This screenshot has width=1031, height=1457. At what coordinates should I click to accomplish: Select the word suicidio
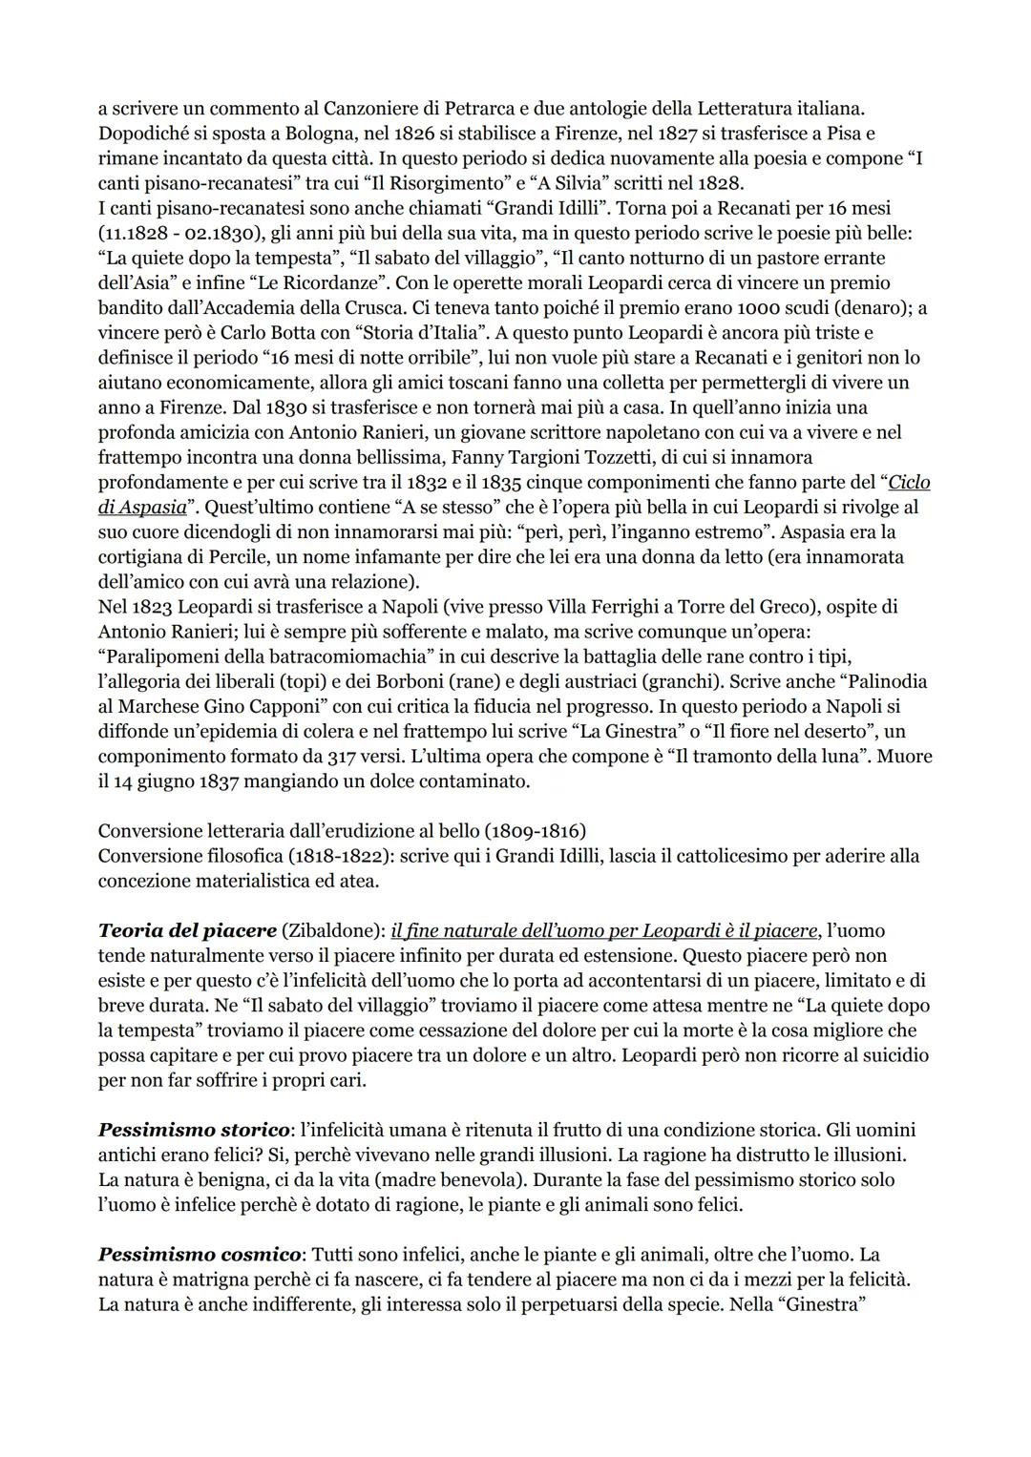click(889, 1056)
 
